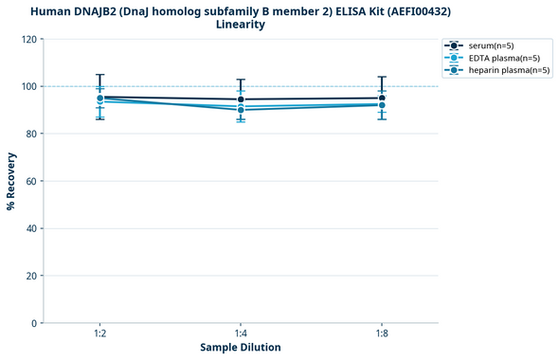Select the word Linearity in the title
tap(241, 25)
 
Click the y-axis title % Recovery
tap(11, 181)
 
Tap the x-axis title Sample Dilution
tap(241, 348)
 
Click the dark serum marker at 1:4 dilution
tap(241, 99)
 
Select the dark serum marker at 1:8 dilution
tap(382, 98)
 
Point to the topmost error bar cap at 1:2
tap(99, 75)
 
